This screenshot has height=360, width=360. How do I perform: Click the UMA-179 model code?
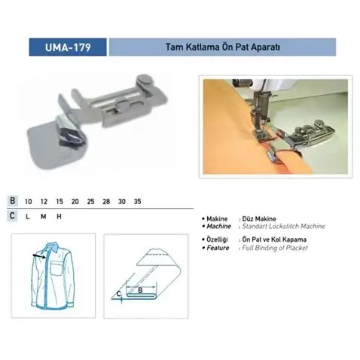click(68, 47)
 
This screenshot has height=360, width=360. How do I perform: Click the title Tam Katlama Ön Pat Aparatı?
click(222, 47)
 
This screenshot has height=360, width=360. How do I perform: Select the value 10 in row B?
click(29, 201)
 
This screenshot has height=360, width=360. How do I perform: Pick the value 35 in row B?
click(138, 201)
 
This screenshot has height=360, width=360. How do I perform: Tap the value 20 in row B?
click(75, 201)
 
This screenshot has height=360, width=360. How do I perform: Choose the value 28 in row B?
click(106, 201)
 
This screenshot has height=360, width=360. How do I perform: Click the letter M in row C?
click(44, 216)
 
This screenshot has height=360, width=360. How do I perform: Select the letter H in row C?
click(59, 216)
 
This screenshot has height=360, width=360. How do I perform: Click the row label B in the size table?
click(12, 201)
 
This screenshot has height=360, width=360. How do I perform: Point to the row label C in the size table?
click(12, 216)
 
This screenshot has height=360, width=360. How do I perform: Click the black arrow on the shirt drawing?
click(39, 256)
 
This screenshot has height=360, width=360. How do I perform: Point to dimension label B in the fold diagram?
click(140, 291)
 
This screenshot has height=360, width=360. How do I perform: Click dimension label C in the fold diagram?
click(118, 294)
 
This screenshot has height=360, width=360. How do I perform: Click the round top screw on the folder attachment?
click(144, 79)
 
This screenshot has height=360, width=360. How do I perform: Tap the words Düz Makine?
click(259, 218)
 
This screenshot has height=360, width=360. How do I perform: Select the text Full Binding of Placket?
click(275, 248)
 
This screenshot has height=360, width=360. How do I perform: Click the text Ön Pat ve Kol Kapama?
click(274, 239)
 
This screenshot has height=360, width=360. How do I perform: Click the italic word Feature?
click(218, 248)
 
